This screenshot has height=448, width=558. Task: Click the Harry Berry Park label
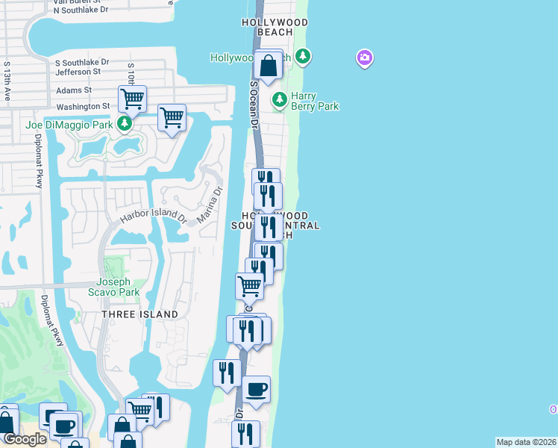coord(314,101)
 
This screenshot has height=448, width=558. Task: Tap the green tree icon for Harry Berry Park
coord(280,99)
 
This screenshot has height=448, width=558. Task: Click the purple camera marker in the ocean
coord(365,57)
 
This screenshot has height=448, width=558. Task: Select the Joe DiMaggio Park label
coord(69,125)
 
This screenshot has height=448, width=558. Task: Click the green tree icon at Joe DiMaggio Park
coord(125,123)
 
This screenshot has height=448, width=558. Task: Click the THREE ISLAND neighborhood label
coord(140,314)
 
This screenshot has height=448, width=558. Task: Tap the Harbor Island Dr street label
coord(153,218)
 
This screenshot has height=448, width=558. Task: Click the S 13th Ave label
coord(7,81)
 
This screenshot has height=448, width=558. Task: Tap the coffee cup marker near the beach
coord(256,390)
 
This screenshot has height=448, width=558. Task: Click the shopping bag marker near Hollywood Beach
coord(269,65)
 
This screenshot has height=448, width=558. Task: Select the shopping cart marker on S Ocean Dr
coord(249,286)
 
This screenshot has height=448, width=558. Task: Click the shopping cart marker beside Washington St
coord(132,99)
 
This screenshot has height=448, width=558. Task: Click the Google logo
coord(25,440)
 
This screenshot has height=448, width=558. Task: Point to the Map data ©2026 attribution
coord(526,442)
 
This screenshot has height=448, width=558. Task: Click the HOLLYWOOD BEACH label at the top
coord(275,27)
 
